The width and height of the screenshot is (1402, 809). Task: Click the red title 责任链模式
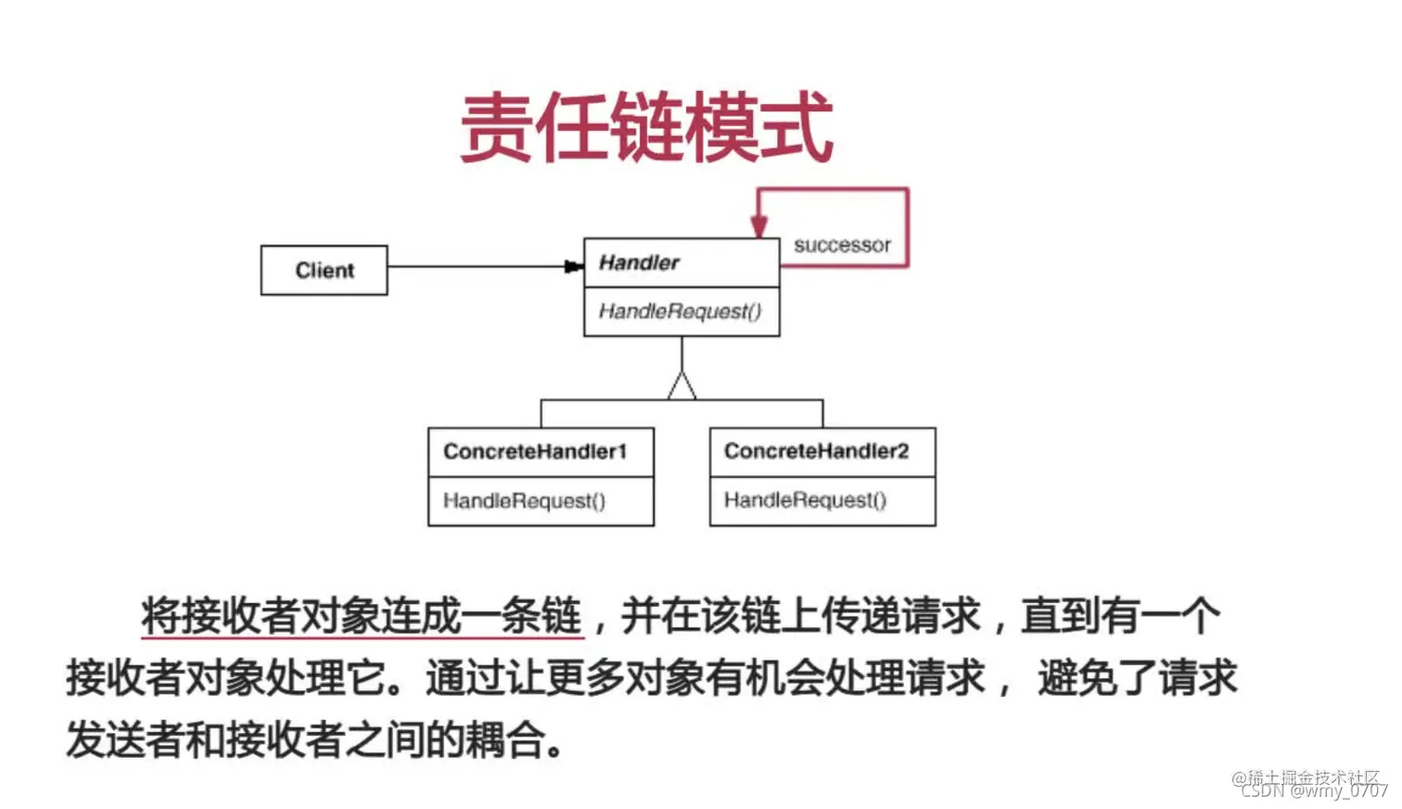pos(646,128)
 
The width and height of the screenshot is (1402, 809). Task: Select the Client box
pos(324,270)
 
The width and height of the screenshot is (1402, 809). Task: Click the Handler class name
pos(639,263)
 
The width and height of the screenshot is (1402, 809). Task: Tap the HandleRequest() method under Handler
pos(680,311)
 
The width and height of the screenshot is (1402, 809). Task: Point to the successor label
pos(842,245)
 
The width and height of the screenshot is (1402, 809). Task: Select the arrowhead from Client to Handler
pos(574,267)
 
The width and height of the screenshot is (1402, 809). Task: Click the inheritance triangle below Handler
pos(682,386)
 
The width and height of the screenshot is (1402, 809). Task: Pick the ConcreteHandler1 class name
pos(535,452)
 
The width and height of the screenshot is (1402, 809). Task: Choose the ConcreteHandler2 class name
pos(816,451)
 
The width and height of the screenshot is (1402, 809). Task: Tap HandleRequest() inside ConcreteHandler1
pos(524,501)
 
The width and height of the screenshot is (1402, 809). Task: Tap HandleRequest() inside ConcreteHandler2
pos(805,500)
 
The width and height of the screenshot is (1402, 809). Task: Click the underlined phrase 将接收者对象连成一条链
pos(362,616)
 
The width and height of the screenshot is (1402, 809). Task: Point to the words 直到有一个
pos(1120,616)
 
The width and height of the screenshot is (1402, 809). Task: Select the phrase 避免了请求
pos(1137,678)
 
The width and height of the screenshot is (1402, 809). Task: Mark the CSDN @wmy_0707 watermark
pos(1314,790)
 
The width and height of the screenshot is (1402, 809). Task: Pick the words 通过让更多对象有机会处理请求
pos(705,678)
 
